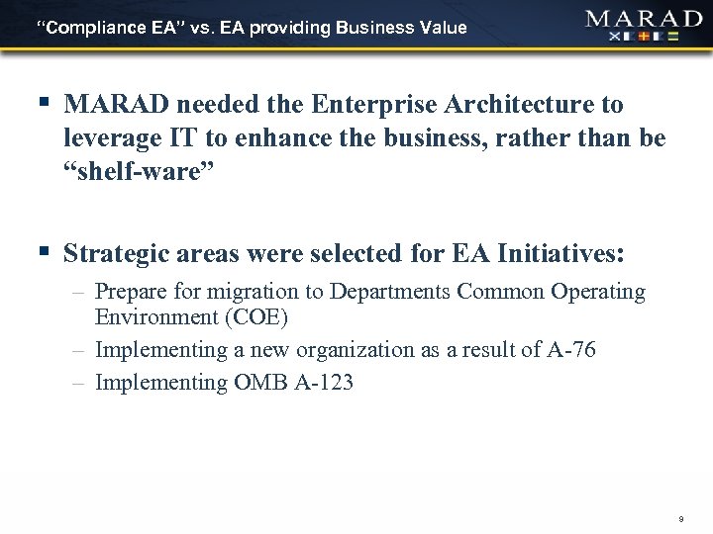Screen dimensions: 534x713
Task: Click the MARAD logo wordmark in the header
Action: (644, 20)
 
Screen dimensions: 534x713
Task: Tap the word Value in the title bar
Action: (443, 28)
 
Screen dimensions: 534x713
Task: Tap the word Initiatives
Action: (559, 255)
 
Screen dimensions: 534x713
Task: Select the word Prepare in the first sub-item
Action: (129, 293)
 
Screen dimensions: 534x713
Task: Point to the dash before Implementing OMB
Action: (77, 383)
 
